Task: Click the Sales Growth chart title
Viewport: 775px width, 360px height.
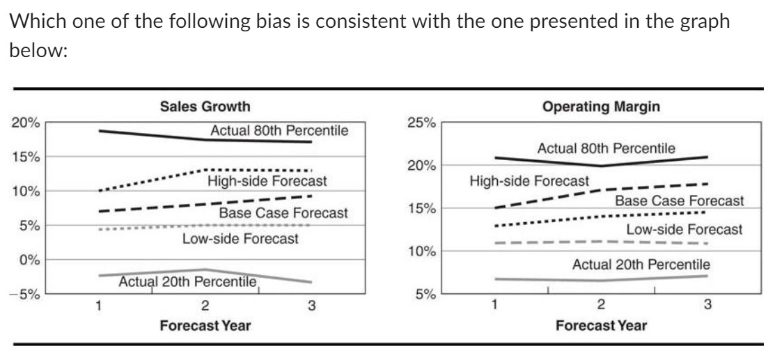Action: [205, 107]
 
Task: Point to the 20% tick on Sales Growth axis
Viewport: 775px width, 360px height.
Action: [29, 123]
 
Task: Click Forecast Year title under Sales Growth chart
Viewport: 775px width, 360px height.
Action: [205, 325]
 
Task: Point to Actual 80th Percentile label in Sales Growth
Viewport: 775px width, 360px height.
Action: [279, 130]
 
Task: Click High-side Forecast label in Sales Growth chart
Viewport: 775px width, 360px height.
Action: [267, 182]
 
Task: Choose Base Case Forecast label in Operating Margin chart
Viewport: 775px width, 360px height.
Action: [679, 201]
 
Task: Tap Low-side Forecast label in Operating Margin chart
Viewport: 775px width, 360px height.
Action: [684, 229]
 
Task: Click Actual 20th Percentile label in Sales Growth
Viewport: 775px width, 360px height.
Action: [188, 281]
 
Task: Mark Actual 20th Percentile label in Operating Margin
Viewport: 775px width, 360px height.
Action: [641, 265]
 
